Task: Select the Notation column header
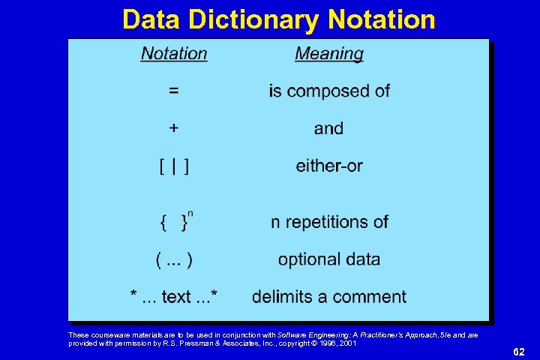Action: click(x=174, y=54)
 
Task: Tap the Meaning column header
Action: click(x=328, y=54)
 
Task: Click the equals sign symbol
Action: click(x=174, y=91)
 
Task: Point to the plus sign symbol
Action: click(x=174, y=128)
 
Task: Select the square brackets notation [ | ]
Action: click(x=174, y=166)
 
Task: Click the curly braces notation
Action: click(x=174, y=222)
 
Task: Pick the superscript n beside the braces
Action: click(x=190, y=214)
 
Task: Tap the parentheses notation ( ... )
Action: click(x=174, y=259)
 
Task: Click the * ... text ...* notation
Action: click(x=174, y=297)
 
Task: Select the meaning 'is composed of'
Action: click(x=329, y=91)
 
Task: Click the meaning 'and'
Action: click(x=328, y=128)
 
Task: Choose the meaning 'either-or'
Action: click(x=328, y=166)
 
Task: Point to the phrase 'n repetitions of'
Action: click(x=329, y=222)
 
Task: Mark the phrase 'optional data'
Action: click(x=329, y=259)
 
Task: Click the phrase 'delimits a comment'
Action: click(x=329, y=297)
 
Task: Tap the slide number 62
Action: click(x=518, y=350)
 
